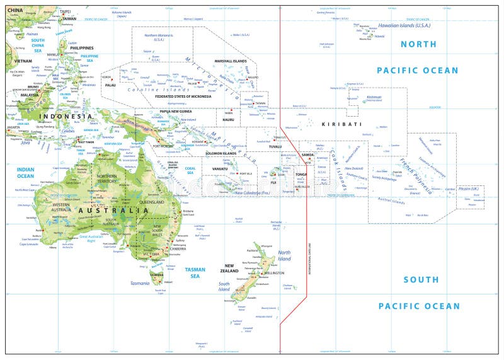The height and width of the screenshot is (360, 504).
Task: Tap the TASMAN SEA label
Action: tap(195, 272)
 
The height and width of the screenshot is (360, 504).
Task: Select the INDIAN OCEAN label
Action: tap(25, 172)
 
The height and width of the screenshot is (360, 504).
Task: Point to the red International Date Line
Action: tap(306, 240)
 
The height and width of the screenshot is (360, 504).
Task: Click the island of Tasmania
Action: tap(156, 274)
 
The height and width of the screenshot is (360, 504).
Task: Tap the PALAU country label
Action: tap(110, 84)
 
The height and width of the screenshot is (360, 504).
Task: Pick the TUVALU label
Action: tap(275, 146)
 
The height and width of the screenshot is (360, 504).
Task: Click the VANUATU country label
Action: tap(220, 169)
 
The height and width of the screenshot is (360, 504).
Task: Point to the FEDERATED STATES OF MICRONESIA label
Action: tap(184, 96)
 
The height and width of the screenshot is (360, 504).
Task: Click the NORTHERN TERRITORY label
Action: tap(107, 178)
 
